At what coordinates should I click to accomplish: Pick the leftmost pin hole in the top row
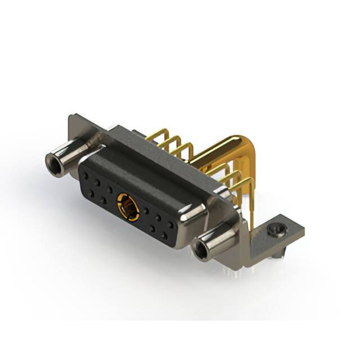(x=87, y=175)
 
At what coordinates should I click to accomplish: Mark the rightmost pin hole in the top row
(x=170, y=225)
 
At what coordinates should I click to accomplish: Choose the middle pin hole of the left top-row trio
(x=98, y=183)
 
